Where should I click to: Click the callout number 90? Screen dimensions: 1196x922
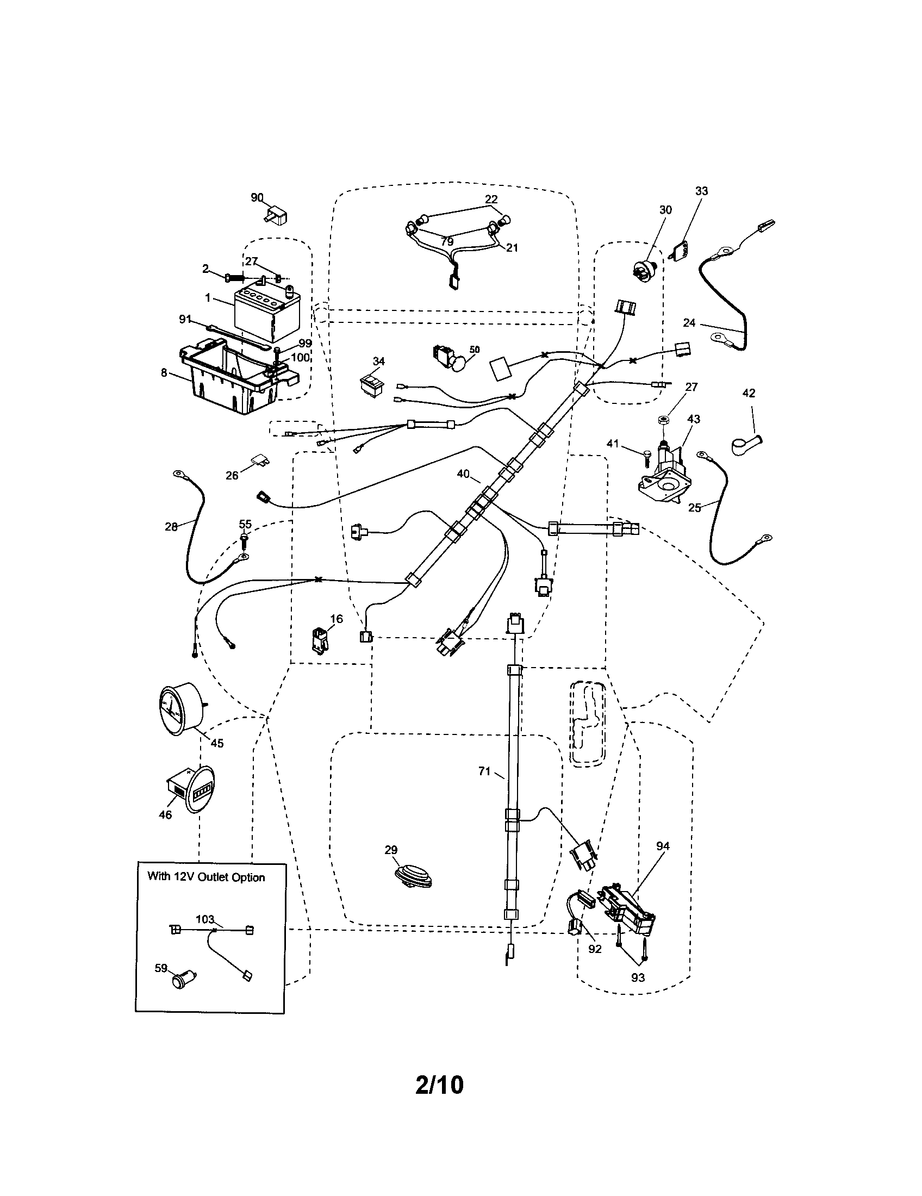point(257,197)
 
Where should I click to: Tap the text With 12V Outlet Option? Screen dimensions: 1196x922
point(206,877)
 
